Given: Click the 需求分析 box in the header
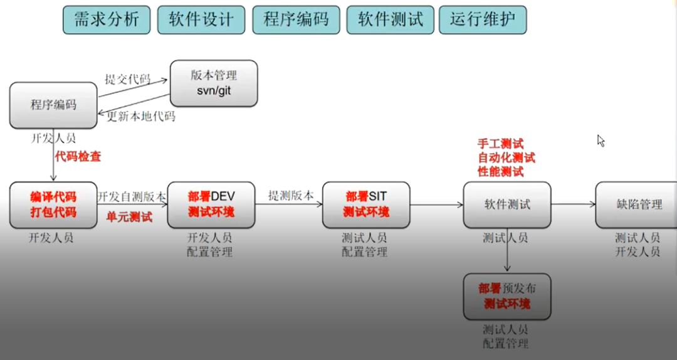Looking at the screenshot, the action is pyautogui.click(x=107, y=20).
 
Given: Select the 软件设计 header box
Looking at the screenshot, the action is pyautogui.click(x=201, y=20).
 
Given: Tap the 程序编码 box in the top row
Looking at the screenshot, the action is pyautogui.click(x=296, y=20).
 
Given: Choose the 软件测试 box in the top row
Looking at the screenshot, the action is pyautogui.click(x=391, y=20).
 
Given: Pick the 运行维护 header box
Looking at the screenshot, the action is pyautogui.click(x=483, y=20).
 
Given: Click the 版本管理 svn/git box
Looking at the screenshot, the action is pyautogui.click(x=214, y=83).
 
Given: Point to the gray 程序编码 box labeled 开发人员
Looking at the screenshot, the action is pyautogui.click(x=53, y=105).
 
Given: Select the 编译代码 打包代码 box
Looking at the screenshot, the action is pyautogui.click(x=53, y=205).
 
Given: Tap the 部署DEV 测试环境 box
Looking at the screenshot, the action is pyautogui.click(x=211, y=205).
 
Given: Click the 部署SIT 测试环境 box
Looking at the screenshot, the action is pyautogui.click(x=366, y=205).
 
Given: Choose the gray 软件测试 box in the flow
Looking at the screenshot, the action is pyautogui.click(x=507, y=205).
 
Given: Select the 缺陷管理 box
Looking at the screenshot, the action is pyautogui.click(x=636, y=205).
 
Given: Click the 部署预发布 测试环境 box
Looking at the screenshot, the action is pyautogui.click(x=507, y=297).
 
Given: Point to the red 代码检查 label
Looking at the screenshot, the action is pyautogui.click(x=78, y=156).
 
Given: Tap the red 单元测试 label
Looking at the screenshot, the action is pyautogui.click(x=130, y=217).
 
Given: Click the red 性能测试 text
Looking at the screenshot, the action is pyautogui.click(x=501, y=172).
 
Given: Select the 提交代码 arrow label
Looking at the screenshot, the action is pyautogui.click(x=128, y=80).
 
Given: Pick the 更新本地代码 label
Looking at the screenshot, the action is pyautogui.click(x=141, y=116).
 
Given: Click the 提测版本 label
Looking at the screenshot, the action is pyautogui.click(x=291, y=195).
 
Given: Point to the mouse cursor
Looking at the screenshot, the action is pyautogui.click(x=601, y=140).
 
